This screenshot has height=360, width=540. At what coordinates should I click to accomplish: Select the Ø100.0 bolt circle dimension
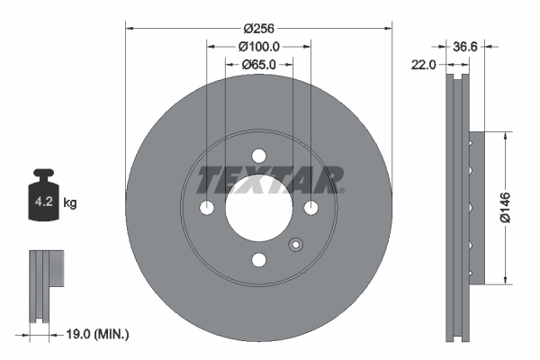pos(259,46)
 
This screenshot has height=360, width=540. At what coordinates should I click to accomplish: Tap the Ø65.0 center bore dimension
pos(259,65)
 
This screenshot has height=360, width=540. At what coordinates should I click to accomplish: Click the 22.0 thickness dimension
pos(423,65)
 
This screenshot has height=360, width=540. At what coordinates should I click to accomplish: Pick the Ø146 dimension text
pos(506,206)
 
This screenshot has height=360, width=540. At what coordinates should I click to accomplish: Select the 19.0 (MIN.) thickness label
pos(98,334)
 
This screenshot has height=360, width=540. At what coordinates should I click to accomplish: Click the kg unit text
pos(70,203)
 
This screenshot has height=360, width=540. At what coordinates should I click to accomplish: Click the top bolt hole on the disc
pos(259,156)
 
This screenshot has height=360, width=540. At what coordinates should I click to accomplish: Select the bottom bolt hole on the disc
pos(259,260)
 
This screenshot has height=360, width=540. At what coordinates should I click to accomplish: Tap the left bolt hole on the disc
pos(207,208)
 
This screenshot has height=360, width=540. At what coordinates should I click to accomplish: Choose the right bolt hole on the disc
pos(311,208)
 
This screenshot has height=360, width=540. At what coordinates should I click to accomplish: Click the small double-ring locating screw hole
pos(294,245)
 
